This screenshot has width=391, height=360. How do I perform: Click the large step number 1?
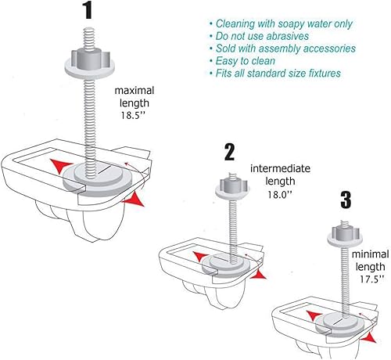point(88,10)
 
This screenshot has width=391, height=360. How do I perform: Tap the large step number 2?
point(229,152)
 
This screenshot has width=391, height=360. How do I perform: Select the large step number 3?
point(346,200)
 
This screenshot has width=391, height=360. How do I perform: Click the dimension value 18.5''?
point(133,115)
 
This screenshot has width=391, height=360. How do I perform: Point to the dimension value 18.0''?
point(280,194)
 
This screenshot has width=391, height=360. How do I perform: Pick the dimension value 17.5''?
point(372,279)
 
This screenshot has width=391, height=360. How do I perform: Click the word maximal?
point(135,91)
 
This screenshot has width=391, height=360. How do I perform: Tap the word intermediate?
point(280,168)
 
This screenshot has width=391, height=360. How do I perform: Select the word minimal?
point(371,254)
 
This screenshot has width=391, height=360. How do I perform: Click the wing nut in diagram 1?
point(90,63)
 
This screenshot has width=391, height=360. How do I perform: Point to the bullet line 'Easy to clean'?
point(242,61)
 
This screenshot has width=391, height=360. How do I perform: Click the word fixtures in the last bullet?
point(325,74)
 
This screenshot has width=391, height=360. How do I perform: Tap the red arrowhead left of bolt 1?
point(60,166)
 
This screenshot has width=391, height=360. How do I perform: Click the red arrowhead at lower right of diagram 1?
point(135,200)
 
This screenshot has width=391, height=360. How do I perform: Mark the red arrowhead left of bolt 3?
point(314,315)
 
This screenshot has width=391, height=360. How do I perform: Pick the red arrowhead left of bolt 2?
point(201,257)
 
